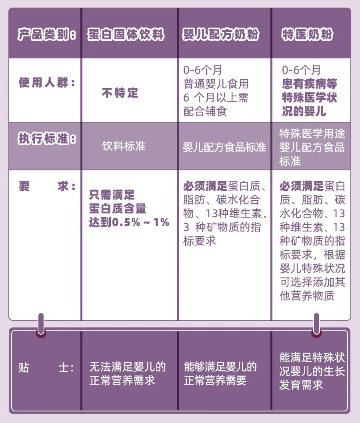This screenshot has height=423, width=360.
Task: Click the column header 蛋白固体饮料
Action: point(126,34)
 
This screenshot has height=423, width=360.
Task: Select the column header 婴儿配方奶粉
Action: point(220,34)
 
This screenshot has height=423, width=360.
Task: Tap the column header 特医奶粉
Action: point(307,34)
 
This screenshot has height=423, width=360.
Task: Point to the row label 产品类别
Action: point(46,34)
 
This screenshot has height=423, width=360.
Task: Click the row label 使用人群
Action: point(47,82)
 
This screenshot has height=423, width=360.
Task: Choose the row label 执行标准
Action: point(47,139)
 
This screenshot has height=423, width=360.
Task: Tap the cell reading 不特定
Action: point(120,93)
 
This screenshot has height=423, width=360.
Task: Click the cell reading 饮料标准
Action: point(124,146)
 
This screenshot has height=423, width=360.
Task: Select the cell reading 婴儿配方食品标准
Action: point(224,147)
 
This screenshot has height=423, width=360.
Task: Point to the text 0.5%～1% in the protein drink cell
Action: point(140,222)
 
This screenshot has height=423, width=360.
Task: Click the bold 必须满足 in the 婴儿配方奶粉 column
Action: point(205,186)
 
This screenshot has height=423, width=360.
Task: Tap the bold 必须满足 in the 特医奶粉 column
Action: point(302,186)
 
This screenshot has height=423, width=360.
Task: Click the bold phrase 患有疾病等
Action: point(310,84)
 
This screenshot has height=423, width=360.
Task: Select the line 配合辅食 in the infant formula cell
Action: point(205,111)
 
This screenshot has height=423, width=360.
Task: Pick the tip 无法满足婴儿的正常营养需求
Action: point(127,374)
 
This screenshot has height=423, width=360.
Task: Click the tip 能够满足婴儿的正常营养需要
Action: point(220,374)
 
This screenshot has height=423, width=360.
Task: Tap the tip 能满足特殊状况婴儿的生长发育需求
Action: point(312,371)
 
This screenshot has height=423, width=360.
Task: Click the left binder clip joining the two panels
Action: point(41,325)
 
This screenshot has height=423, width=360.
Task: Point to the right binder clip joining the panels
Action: point(316,325)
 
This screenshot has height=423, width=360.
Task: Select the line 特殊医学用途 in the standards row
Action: point(312,134)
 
